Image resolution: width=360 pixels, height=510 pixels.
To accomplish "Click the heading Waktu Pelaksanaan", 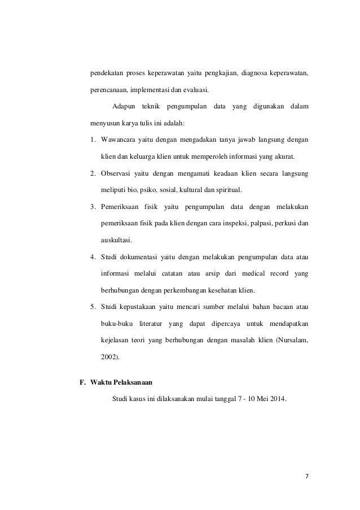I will click(122, 381).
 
